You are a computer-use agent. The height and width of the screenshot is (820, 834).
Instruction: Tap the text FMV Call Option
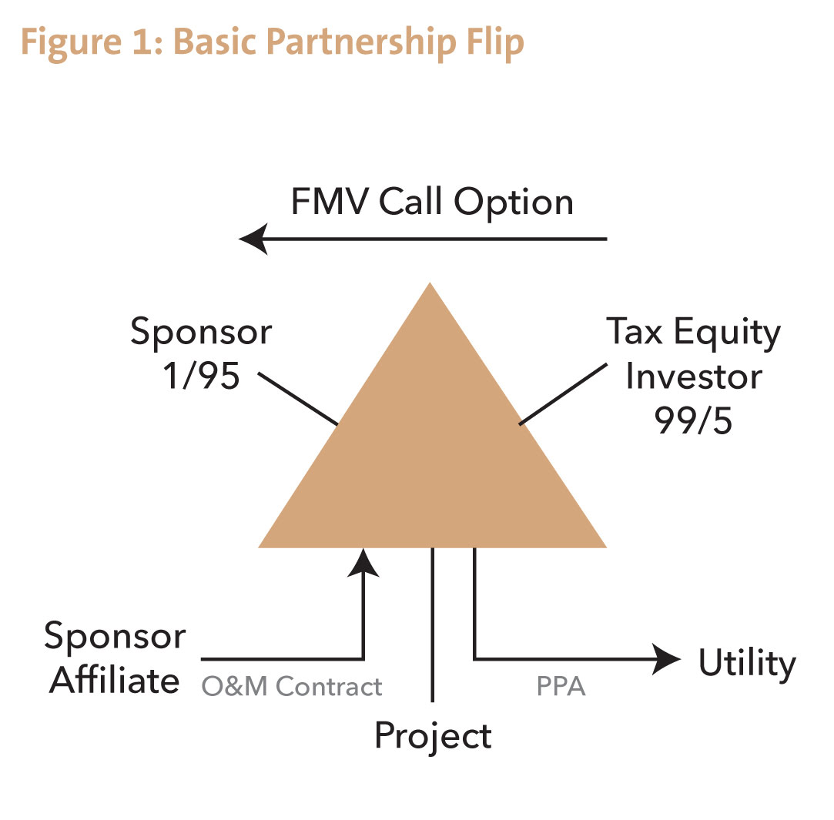pos(432,202)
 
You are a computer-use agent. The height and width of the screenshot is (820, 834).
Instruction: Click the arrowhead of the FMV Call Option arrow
pos(254,239)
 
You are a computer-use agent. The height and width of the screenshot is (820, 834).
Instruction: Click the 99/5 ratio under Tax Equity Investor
pos(693,420)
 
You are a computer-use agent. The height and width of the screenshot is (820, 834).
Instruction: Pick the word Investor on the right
pos(693,377)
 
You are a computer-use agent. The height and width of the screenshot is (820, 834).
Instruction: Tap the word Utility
pos(746,663)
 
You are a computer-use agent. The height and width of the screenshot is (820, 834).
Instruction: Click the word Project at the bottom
pos(433,735)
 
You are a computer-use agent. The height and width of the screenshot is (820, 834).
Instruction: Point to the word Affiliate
pos(115,681)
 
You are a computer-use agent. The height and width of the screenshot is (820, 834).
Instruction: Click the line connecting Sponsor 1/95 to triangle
pos(298,399)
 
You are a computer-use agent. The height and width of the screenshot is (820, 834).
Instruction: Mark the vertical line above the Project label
pos(433,624)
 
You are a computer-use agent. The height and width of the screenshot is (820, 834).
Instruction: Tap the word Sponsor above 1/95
pos(200,333)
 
